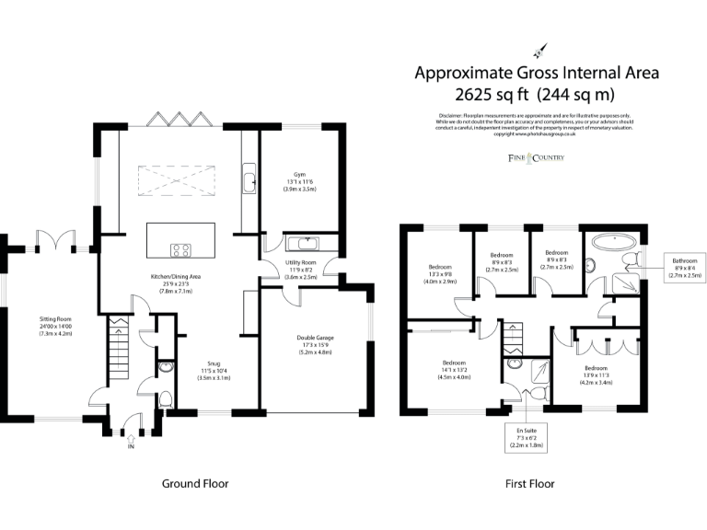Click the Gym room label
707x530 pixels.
coord(300,181)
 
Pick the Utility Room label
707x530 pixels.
coord(301,269)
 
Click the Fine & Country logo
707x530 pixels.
coord(536,158)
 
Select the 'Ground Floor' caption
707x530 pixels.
coord(195,483)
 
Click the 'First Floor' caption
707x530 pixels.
coord(529,483)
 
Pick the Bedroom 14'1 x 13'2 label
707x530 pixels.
coord(454,369)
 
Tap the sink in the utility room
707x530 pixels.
coord(301,245)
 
